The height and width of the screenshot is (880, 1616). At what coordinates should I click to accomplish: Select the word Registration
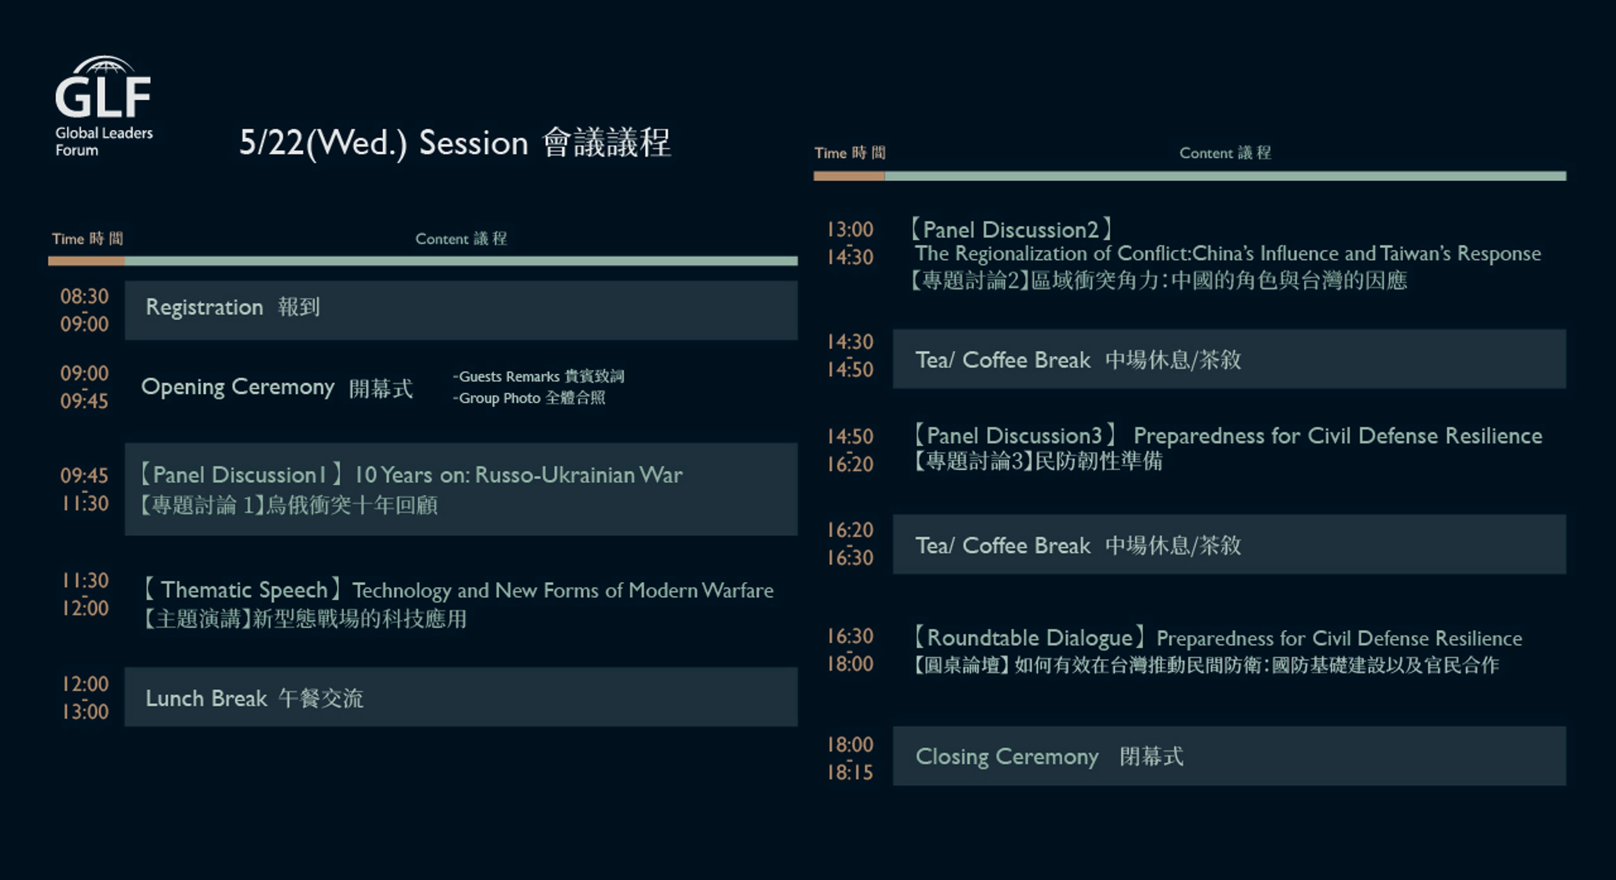click(x=204, y=307)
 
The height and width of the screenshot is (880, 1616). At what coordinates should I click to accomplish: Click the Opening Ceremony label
click(x=238, y=387)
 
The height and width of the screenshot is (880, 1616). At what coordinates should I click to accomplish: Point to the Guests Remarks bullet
click(x=538, y=376)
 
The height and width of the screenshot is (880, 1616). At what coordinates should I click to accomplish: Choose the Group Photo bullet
click(x=529, y=398)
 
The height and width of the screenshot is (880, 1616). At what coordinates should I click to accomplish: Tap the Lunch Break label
click(x=206, y=698)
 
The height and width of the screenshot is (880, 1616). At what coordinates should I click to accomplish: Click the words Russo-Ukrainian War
click(x=578, y=475)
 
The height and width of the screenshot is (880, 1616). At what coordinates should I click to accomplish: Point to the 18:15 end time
click(x=850, y=772)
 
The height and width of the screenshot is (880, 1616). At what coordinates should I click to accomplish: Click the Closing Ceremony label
click(x=1007, y=756)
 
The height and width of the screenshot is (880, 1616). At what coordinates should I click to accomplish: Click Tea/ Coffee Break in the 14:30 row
click(x=1003, y=360)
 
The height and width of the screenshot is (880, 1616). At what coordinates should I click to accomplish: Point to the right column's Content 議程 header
click(x=1225, y=153)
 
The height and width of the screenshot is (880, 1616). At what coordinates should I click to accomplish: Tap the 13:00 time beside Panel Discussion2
click(x=850, y=230)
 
